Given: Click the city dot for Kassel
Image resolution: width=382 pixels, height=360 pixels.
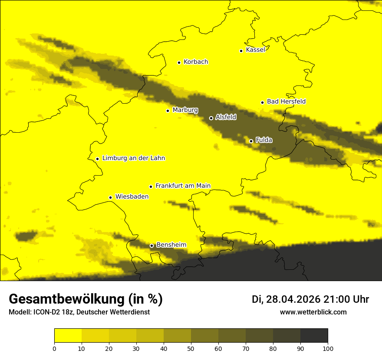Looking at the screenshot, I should (x=241, y=51).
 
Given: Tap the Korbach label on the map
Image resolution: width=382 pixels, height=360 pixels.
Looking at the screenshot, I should (x=196, y=62).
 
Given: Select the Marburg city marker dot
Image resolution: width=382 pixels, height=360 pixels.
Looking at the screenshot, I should (x=168, y=111).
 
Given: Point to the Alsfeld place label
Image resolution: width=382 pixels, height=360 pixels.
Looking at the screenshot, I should (x=226, y=117).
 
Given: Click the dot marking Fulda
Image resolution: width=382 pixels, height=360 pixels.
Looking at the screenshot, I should (x=251, y=141).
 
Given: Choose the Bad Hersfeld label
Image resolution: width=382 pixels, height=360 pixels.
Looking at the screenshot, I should (x=286, y=101).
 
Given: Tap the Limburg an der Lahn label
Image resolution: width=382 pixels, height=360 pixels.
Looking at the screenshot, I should (x=134, y=158).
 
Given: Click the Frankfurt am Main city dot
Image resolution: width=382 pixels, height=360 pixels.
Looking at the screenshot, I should (x=151, y=187).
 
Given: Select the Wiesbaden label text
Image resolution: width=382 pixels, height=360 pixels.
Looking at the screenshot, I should (x=132, y=196).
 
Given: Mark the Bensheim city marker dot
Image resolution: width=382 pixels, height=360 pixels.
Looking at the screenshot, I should (x=151, y=246).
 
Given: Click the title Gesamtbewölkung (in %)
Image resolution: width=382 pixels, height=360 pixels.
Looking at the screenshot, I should (x=86, y=299).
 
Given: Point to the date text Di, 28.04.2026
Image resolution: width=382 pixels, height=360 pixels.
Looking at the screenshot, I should (x=286, y=299).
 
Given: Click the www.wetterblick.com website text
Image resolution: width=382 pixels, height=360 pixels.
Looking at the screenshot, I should (x=313, y=312).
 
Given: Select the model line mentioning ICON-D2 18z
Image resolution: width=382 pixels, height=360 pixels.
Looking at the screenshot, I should (x=79, y=312).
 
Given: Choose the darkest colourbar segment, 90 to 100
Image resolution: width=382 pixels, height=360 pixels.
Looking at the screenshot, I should (x=314, y=336).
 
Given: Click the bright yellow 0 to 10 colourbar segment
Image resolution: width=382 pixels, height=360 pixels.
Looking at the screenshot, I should (x=68, y=336).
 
